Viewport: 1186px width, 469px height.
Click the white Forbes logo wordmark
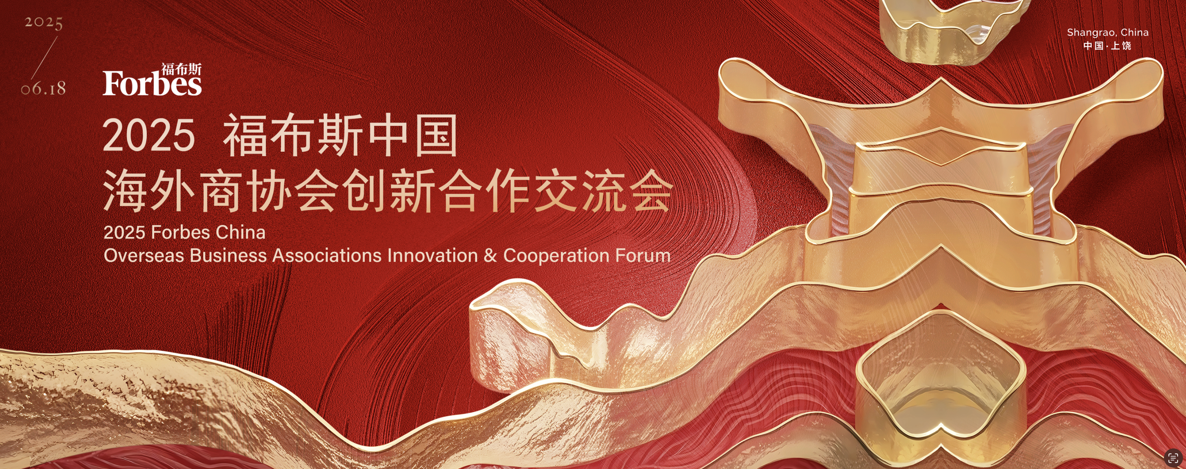152,83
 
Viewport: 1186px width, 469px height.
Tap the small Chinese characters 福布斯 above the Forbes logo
181,69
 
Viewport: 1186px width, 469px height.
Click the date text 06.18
43,88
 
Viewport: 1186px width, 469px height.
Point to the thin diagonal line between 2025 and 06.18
45,57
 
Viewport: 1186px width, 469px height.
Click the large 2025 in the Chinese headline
149,135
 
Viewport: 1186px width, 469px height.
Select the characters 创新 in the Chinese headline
388,190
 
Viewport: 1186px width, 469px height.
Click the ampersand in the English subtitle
490,255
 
